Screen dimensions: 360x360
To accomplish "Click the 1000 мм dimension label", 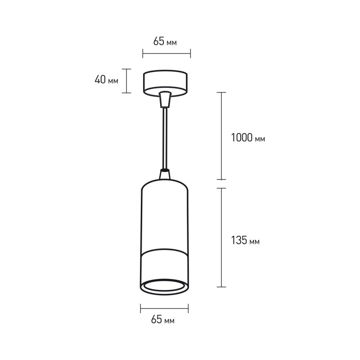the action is tap(248, 138).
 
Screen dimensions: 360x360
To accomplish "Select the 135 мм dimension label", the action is tap(245, 240).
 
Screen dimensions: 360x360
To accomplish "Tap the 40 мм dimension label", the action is tap(106, 80).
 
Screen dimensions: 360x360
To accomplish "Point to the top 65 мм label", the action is tap(165, 41).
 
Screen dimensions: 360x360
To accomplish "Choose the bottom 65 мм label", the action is tap(163, 319).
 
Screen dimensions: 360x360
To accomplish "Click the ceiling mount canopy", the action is tap(165, 82).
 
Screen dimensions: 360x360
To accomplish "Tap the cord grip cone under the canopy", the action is tap(165, 99).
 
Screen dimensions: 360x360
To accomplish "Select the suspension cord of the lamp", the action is tap(165, 139).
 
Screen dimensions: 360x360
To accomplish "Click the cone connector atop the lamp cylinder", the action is tap(165, 174).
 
